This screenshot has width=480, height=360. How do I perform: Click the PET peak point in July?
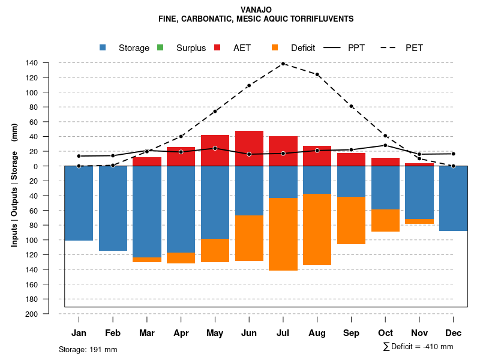[283, 64]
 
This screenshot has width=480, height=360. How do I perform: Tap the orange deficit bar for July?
[283, 234]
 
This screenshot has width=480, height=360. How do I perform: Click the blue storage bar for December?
[453, 198]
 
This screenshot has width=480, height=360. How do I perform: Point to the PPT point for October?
[385, 145]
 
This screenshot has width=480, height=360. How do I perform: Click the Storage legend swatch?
[103, 48]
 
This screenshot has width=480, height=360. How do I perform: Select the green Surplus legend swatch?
[160, 48]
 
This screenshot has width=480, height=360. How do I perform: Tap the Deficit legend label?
[303, 48]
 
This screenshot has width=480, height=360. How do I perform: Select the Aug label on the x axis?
[317, 333]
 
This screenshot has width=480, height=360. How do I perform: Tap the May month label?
[215, 333]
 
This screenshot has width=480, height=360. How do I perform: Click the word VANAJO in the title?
[256, 10]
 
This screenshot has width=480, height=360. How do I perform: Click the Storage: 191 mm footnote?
[88, 349]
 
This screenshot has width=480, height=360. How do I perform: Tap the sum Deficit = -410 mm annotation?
[418, 347]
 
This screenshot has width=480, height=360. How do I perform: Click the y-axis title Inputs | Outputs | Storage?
[14, 189]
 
